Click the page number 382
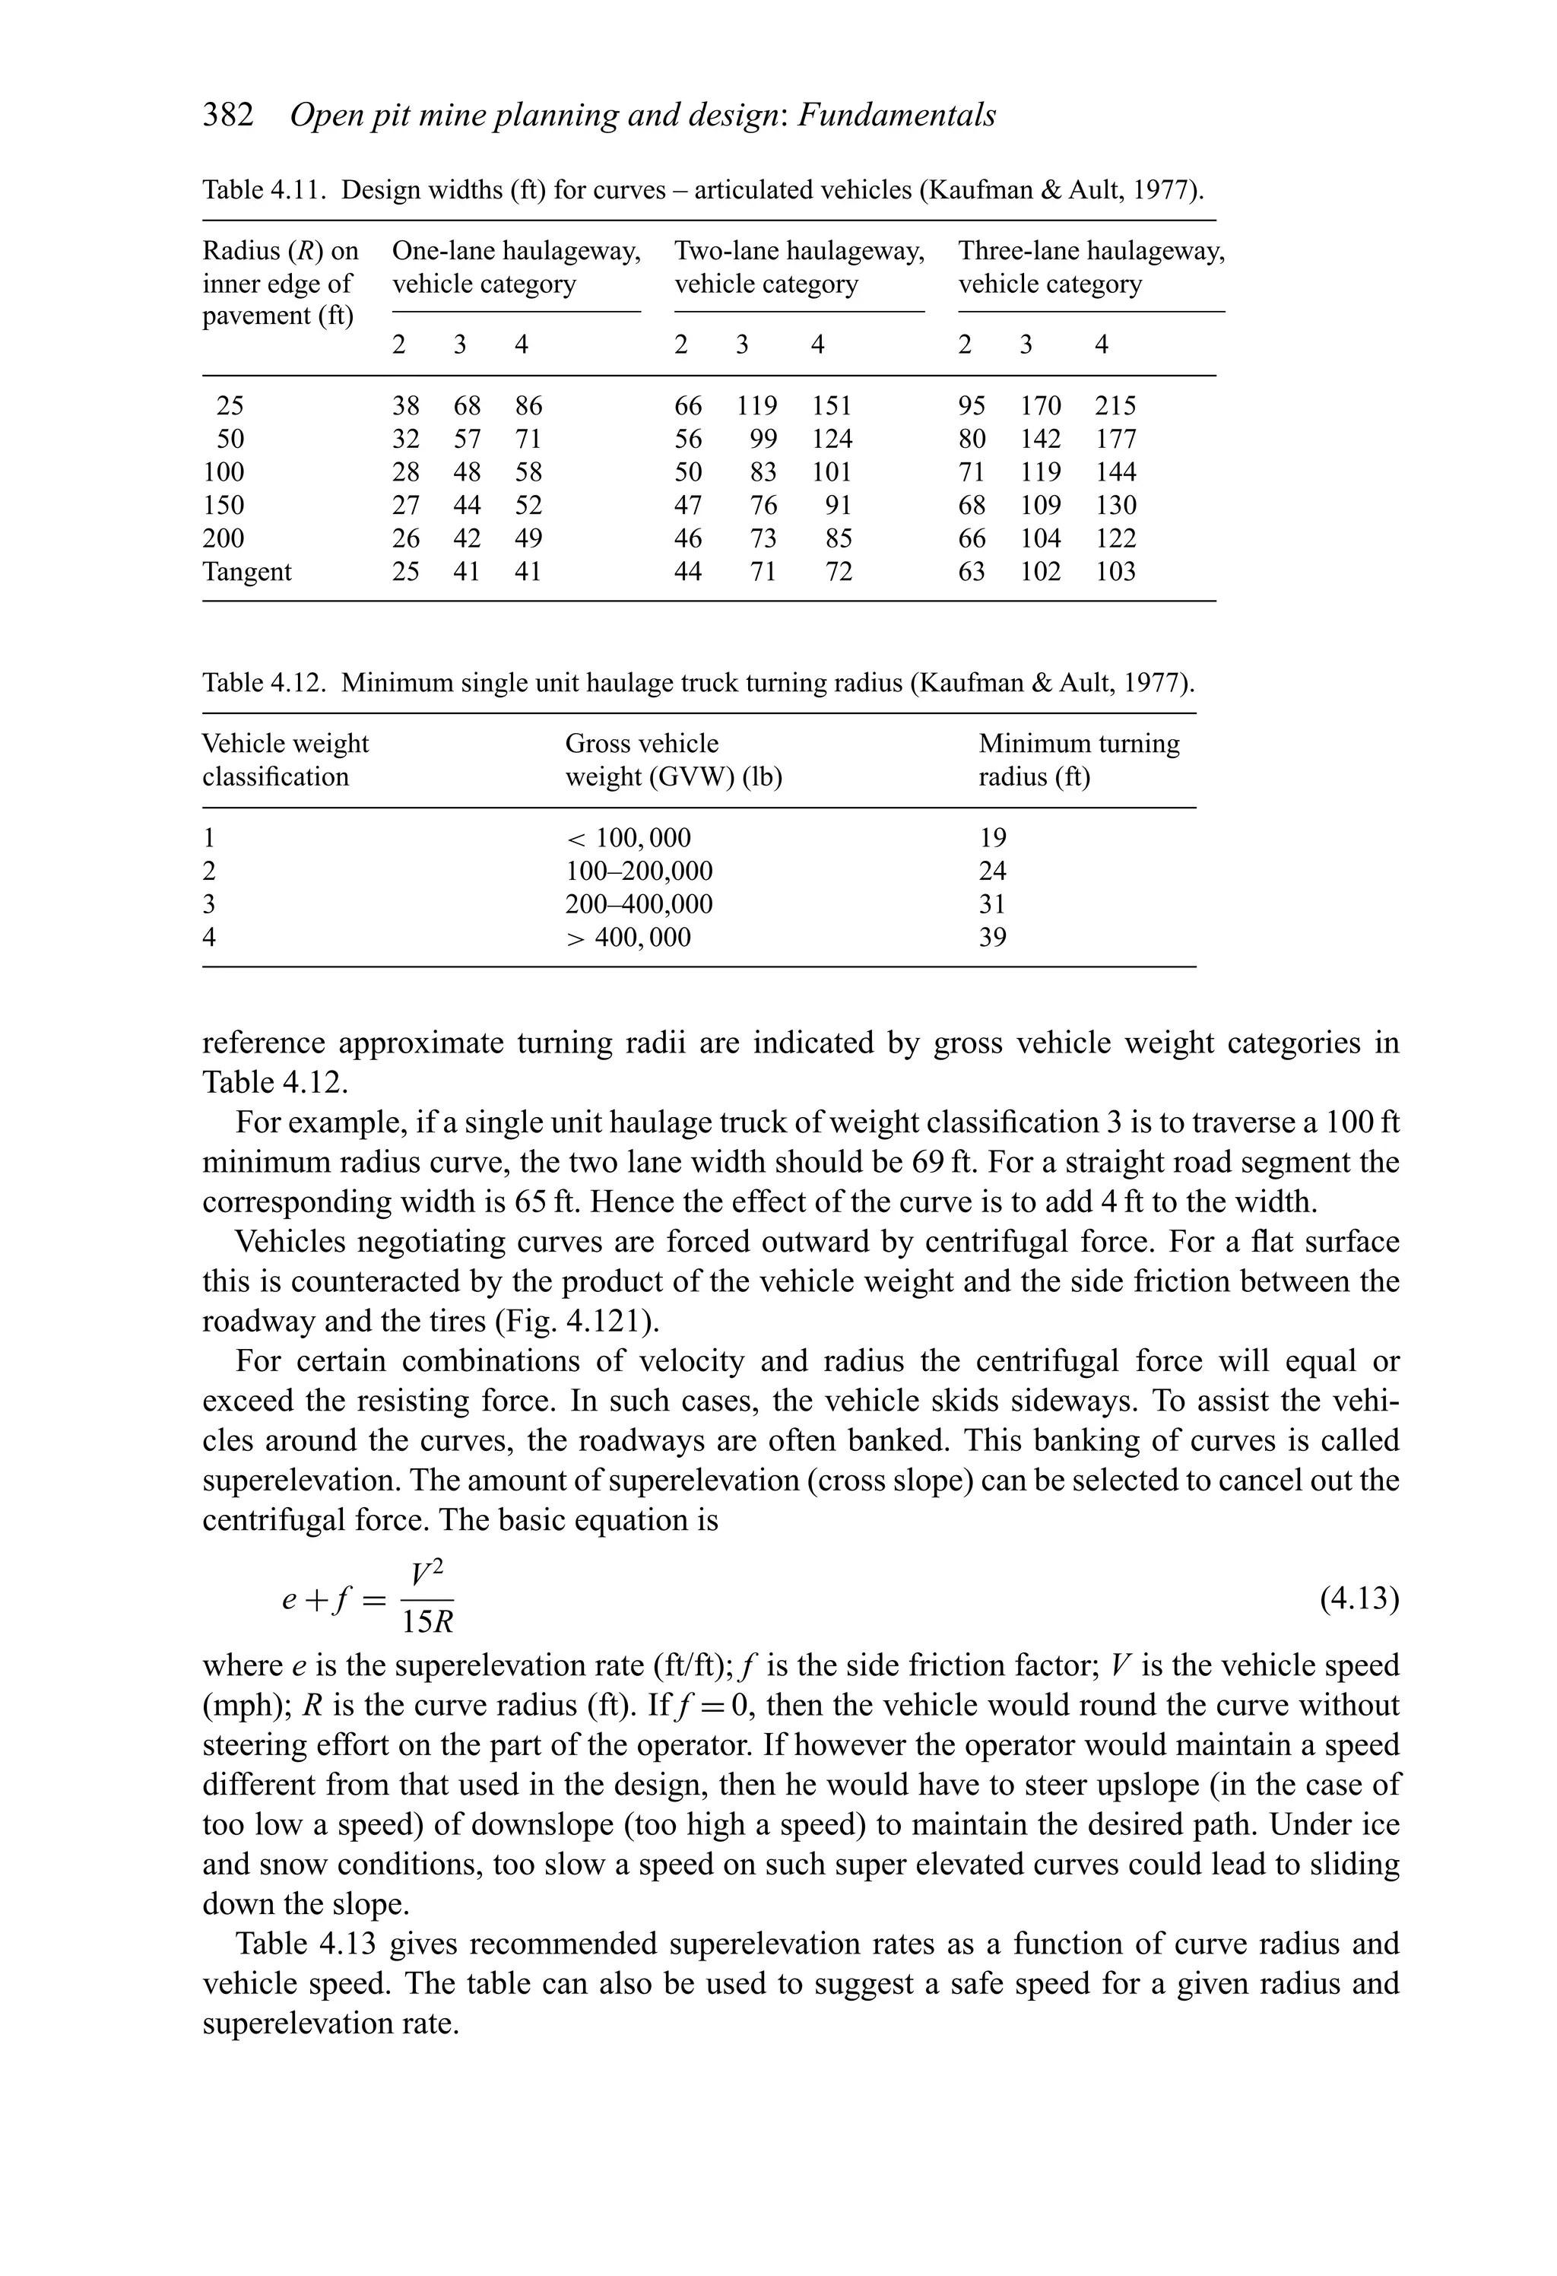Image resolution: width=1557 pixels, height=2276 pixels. (227, 116)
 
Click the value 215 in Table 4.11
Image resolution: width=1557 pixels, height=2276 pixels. (1115, 405)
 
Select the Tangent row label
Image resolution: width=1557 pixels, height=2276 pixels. (247, 571)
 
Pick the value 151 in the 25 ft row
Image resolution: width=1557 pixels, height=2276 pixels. (832, 405)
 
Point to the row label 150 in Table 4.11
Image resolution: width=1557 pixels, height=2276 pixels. (224, 506)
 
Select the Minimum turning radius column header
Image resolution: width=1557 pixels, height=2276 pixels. (1078, 760)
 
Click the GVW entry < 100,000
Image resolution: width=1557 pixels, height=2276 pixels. (628, 838)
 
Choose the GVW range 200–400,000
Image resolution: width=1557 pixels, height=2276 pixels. (639, 904)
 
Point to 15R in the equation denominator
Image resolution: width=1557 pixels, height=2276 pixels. (428, 1623)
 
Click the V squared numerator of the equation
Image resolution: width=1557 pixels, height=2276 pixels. (428, 1574)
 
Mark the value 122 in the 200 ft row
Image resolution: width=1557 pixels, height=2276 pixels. (1115, 538)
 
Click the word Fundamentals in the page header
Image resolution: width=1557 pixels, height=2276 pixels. (896, 116)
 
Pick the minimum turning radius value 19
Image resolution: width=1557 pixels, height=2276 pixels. (992, 838)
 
